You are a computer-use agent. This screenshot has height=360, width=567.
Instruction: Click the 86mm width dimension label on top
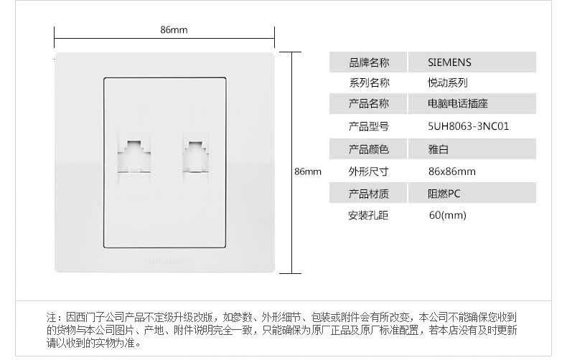click(x=174, y=30)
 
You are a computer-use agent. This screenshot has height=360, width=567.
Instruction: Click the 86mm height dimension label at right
click(x=308, y=172)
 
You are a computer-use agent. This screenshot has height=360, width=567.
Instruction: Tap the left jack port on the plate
click(x=131, y=152)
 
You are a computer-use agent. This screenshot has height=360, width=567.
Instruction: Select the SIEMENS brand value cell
click(x=450, y=62)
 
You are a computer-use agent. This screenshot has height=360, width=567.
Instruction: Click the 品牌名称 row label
click(x=368, y=62)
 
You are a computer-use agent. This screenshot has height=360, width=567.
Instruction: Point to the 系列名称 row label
click(x=368, y=82)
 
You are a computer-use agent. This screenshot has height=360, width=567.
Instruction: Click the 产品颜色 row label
click(x=368, y=149)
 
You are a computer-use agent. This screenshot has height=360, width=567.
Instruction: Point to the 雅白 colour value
click(x=438, y=149)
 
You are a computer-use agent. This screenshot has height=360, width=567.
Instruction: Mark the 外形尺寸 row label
click(x=368, y=171)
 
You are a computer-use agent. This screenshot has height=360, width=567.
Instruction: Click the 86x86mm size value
click(x=451, y=171)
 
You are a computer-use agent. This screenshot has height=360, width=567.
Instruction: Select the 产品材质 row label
click(x=368, y=193)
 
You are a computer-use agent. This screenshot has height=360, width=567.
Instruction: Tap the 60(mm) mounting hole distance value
click(x=447, y=215)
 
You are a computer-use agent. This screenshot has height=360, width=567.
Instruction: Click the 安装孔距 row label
click(x=368, y=215)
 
